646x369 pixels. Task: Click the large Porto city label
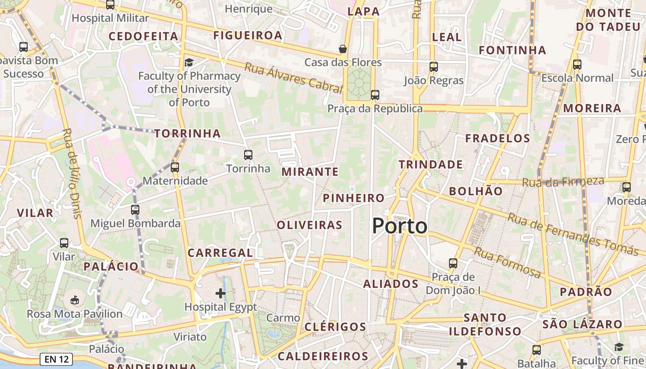point(400,226)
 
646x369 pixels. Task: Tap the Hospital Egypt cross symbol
point(221,293)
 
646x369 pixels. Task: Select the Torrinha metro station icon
point(248,155)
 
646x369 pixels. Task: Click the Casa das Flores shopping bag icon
point(343,48)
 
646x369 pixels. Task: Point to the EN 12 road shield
point(57,359)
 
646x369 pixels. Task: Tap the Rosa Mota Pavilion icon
point(74,300)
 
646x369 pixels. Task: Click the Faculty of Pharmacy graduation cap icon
point(189,62)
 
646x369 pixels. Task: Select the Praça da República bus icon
point(375,95)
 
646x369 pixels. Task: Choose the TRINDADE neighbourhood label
point(431,164)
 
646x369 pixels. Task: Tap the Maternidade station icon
point(174,167)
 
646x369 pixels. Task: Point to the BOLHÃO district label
point(475,191)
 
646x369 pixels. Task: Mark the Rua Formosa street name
point(507,262)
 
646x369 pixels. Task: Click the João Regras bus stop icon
point(433,67)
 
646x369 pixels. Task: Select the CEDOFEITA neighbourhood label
point(143,36)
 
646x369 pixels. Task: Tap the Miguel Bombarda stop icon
point(135,210)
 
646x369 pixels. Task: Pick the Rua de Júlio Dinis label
point(72,173)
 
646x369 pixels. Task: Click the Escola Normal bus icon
point(577,65)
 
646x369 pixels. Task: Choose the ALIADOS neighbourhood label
point(390,284)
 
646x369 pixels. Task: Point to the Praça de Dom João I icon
point(453,263)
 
